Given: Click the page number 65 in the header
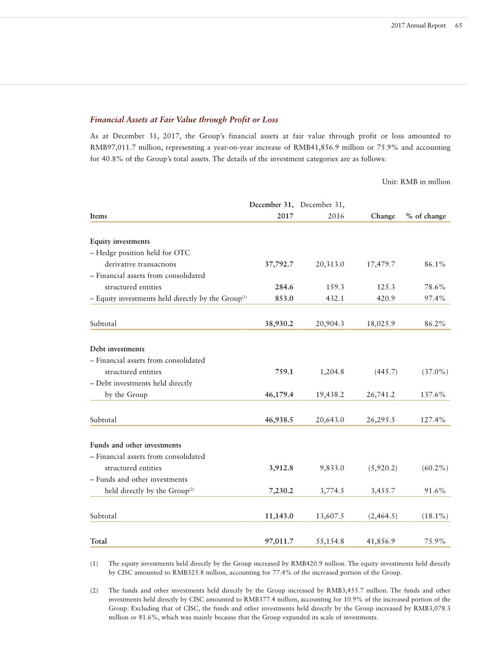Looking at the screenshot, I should click(x=459, y=25).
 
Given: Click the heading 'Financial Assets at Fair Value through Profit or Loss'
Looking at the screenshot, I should click(x=184, y=119).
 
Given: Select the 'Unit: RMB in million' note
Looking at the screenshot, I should click(x=416, y=182).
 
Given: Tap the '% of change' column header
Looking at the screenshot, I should click(x=426, y=216).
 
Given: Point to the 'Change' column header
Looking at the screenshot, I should click(x=383, y=216).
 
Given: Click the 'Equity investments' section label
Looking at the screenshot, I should click(x=120, y=241).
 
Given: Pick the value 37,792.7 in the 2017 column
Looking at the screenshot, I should click(x=279, y=264).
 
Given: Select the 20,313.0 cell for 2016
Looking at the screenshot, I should click(x=330, y=264).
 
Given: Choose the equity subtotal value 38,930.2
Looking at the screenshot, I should click(x=279, y=323).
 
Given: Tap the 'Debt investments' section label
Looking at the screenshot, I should click(x=117, y=349).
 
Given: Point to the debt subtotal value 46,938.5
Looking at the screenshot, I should click(x=279, y=420).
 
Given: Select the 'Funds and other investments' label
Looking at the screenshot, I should click(x=135, y=445).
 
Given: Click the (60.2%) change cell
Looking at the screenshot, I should click(x=435, y=468).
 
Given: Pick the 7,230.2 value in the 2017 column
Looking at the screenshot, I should click(x=281, y=491).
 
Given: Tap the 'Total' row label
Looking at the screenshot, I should click(x=98, y=541).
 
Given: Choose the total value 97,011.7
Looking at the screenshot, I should click(x=279, y=541).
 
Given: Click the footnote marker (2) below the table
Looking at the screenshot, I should click(x=94, y=590).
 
